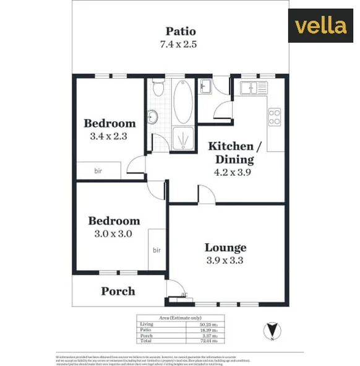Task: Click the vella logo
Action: [320, 26]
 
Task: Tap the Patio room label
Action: [181, 31]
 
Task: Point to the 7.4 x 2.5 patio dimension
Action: [181, 45]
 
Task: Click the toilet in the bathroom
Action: [158, 90]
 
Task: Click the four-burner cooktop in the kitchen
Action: [274, 116]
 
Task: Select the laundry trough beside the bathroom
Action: [205, 87]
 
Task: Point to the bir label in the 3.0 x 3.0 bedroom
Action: [156, 250]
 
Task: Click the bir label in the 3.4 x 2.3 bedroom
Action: [98, 171]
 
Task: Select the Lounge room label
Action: [225, 248]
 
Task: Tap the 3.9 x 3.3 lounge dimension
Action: [225, 261]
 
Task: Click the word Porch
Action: [118, 291]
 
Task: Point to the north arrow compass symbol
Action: [270, 329]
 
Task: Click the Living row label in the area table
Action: [147, 324]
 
